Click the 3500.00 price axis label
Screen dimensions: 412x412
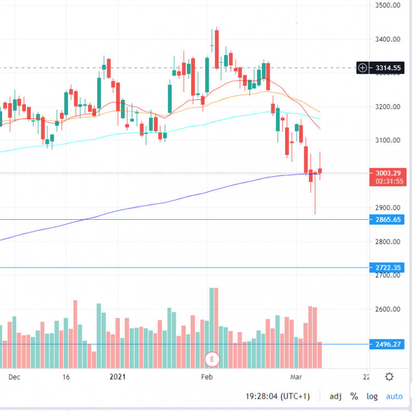point(387,5)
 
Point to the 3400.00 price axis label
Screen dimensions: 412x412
point(387,39)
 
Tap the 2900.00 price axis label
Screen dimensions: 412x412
point(387,208)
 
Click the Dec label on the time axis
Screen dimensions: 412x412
point(14,377)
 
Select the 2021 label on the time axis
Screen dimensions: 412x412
point(118,377)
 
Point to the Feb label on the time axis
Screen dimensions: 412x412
point(207,377)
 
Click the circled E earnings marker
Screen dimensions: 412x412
point(211,360)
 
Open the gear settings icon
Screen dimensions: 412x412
point(389,377)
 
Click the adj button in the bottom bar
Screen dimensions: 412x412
point(335,396)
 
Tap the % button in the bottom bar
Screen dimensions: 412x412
point(354,396)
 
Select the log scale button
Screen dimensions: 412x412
point(372,396)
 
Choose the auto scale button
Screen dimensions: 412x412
point(394,396)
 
